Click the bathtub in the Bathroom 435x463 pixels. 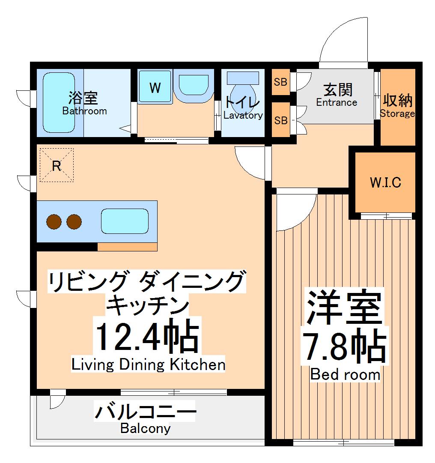[x=59, y=103]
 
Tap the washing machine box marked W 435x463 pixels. [x=155, y=87]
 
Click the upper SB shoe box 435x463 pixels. [x=280, y=81]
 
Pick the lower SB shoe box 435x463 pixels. [x=281, y=120]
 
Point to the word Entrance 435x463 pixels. [x=337, y=103]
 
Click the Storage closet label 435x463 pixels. [x=397, y=114]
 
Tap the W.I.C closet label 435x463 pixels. [x=385, y=183]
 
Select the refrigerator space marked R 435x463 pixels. [x=57, y=165]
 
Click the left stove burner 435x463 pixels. [x=54, y=221]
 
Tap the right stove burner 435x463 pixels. [x=74, y=221]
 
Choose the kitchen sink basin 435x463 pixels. [x=125, y=221]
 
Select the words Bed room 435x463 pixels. [x=345, y=375]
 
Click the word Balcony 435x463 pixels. [x=145, y=428]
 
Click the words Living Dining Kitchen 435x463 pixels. [x=148, y=365]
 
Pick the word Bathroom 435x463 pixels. [x=84, y=111]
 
